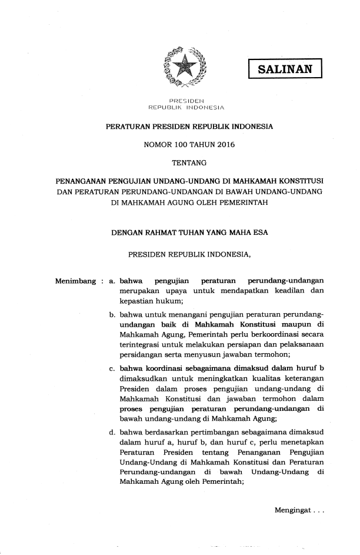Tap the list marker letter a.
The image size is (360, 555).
112,280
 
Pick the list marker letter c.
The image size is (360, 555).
112,369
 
